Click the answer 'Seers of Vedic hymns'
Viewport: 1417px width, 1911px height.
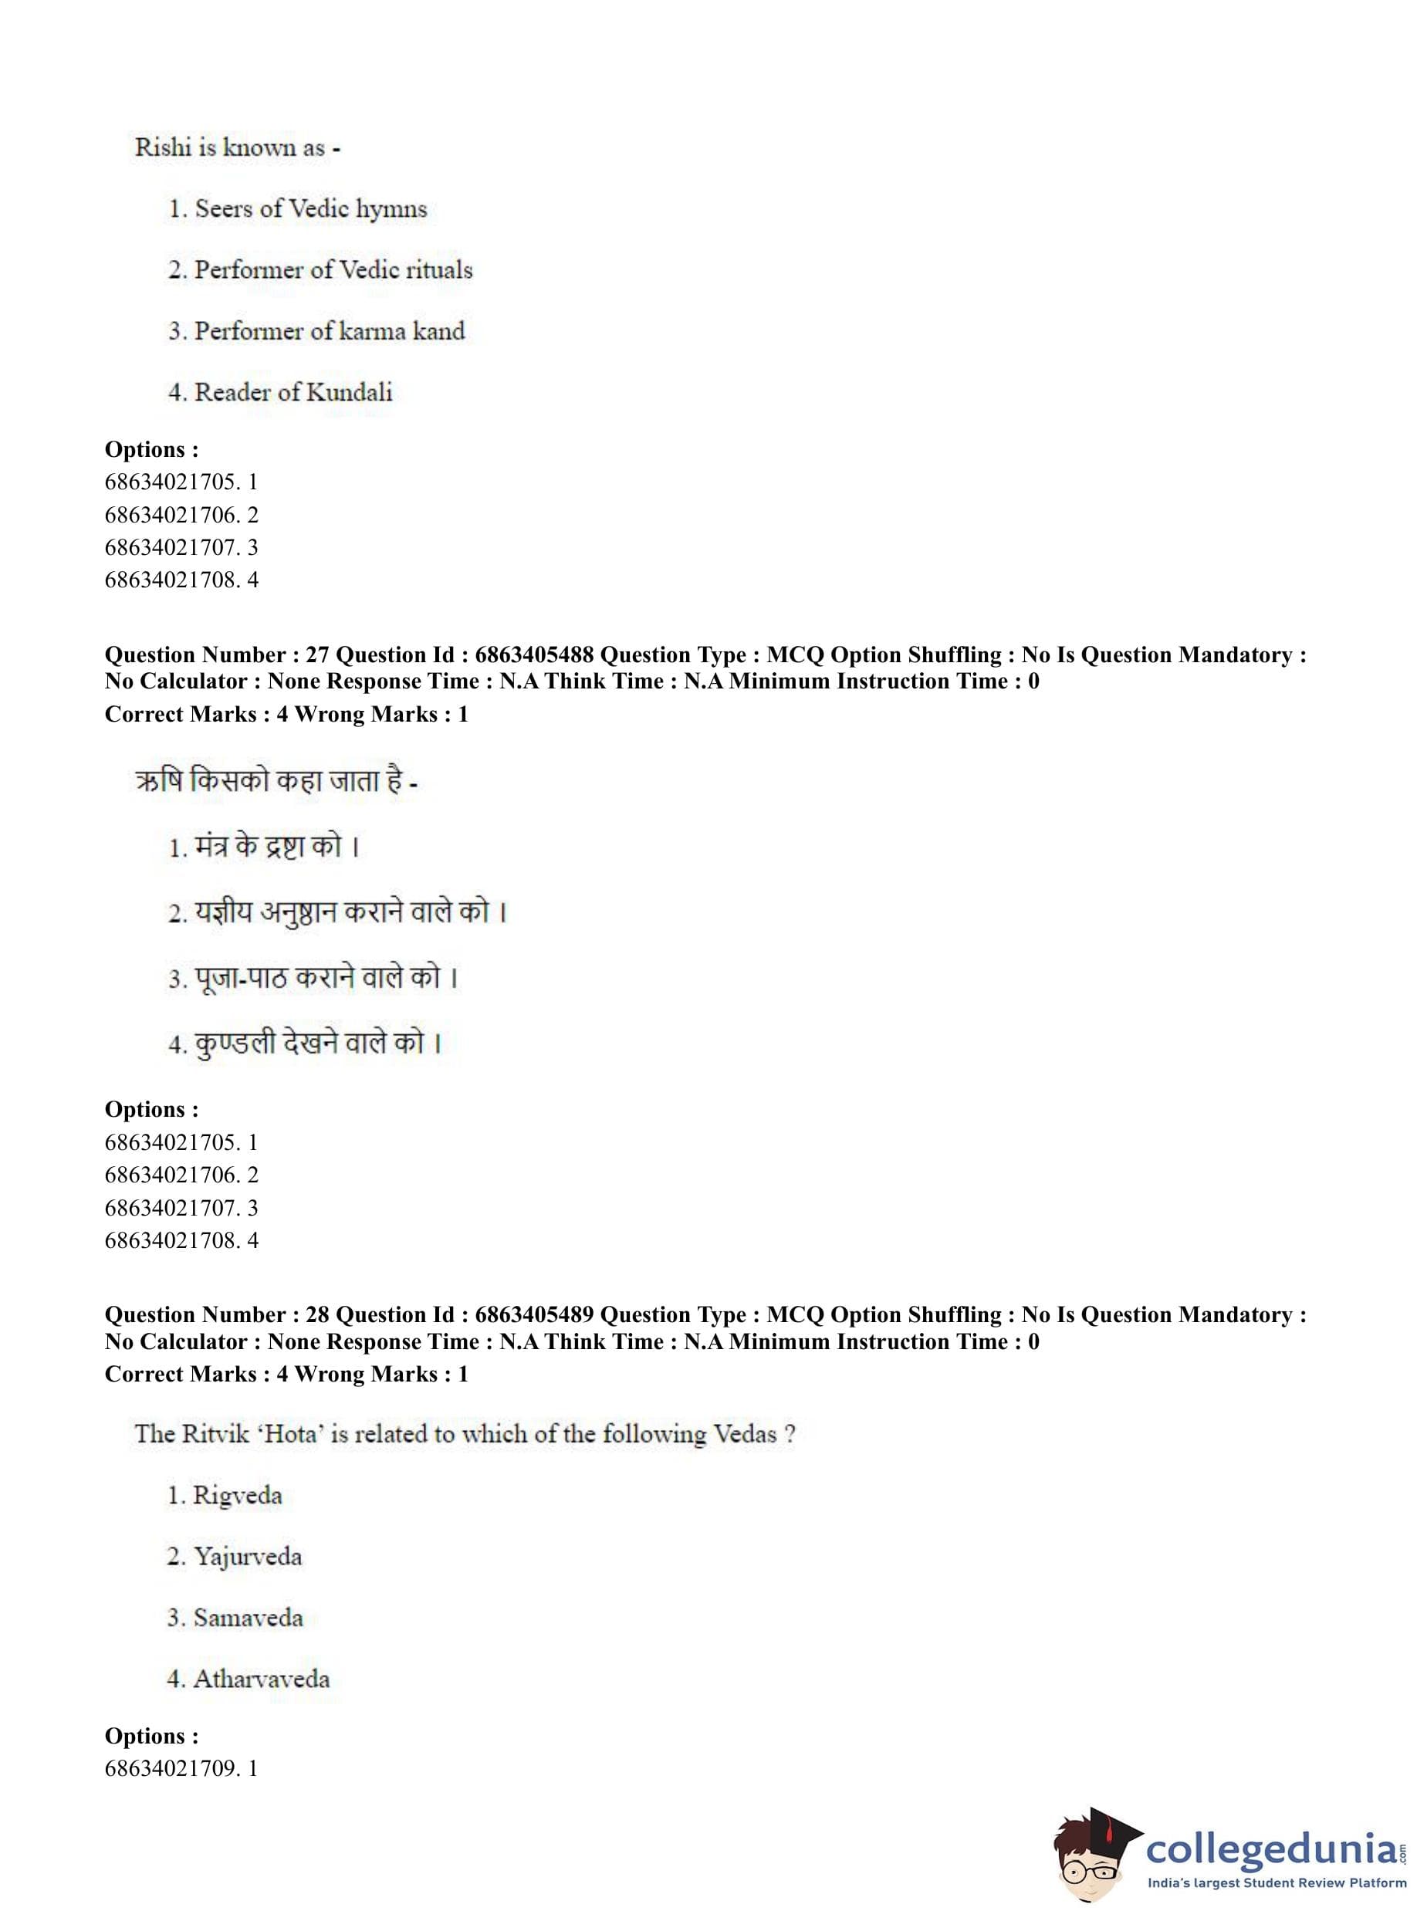[309, 208]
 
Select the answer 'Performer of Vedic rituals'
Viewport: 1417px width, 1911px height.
[333, 269]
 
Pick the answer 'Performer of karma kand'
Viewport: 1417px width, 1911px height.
[329, 331]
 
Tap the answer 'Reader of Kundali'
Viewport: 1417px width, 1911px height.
[293, 392]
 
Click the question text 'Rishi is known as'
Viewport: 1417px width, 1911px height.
[229, 147]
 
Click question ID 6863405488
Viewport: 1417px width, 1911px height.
[533, 654]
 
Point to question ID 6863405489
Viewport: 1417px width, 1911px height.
[533, 1314]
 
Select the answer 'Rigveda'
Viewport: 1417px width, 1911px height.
[237, 1495]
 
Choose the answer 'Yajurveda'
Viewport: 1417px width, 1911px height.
[247, 1556]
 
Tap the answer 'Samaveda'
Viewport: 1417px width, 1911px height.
[248, 1618]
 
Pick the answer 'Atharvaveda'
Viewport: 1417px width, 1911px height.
[261, 1679]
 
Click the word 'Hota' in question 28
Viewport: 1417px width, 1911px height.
[291, 1434]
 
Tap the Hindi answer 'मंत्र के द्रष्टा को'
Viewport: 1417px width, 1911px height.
[269, 847]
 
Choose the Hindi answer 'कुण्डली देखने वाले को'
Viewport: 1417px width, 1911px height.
[309, 1043]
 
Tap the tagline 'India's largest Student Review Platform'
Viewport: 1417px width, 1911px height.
[1277, 1883]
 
